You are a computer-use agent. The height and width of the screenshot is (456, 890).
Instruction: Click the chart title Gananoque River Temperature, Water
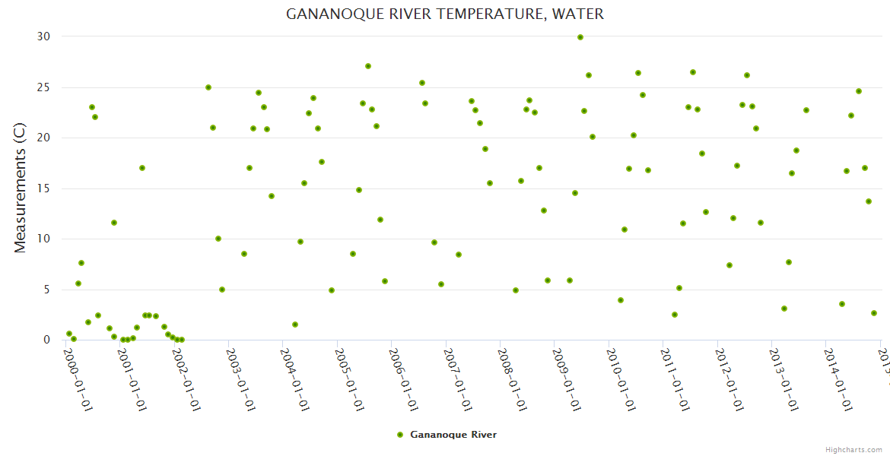coord(445,14)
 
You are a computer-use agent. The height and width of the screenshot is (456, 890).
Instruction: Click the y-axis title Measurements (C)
coord(21,188)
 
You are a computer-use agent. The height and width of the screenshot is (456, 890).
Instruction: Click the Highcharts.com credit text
coord(854,449)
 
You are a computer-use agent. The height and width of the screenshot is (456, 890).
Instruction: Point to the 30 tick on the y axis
coord(43,36)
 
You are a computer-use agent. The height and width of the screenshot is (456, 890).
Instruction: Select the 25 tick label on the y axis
coord(43,87)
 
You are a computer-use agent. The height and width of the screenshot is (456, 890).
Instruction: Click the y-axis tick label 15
coord(43,188)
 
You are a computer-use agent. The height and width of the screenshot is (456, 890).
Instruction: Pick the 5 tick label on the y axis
coord(46,290)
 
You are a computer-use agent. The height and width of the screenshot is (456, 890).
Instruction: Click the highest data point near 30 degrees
coord(580,37)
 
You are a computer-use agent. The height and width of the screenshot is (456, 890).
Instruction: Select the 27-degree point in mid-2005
coord(368,66)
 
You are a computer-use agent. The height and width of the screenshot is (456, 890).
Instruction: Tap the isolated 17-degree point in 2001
coord(142,168)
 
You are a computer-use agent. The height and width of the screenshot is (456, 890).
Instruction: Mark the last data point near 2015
coord(874,313)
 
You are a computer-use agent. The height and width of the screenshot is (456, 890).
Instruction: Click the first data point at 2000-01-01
coord(69,334)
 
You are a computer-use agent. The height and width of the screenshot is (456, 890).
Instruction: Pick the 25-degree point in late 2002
coord(208,87)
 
